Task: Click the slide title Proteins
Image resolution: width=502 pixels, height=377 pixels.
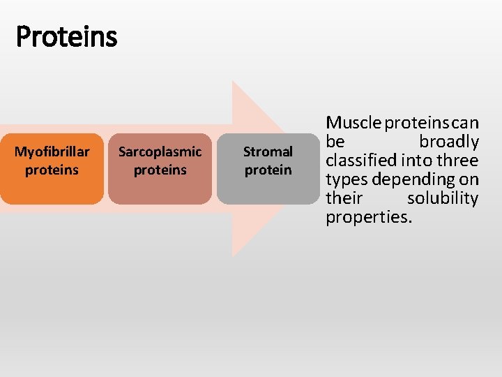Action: [x=67, y=36]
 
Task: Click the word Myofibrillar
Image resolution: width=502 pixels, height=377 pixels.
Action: [x=52, y=151]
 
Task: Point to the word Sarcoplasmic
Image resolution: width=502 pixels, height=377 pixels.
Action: [x=160, y=151]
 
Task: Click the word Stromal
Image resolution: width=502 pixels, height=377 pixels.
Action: [x=268, y=151]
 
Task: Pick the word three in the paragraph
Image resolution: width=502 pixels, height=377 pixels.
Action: [x=459, y=161]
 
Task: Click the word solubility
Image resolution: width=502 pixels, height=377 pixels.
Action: [x=443, y=199]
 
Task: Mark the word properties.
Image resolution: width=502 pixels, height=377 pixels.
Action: [x=369, y=218]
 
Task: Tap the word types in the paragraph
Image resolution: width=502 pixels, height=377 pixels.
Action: [x=346, y=180]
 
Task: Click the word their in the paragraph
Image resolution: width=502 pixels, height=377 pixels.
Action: [x=344, y=199]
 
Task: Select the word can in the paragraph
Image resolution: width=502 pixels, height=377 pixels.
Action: [x=466, y=124]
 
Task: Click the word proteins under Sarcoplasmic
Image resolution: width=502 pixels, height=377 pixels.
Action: [x=160, y=170]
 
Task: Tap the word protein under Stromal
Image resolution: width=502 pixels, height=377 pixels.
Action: [x=268, y=170]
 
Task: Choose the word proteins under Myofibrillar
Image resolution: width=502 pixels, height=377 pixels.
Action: [x=52, y=170]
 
